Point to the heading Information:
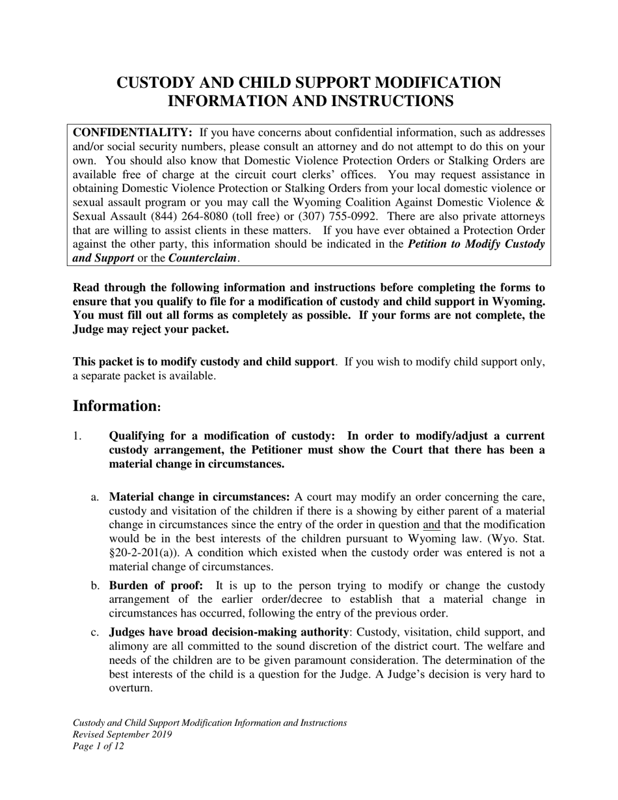116,407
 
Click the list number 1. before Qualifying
77,436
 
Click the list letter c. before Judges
95,632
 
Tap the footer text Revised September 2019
122,734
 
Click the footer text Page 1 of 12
98,746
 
